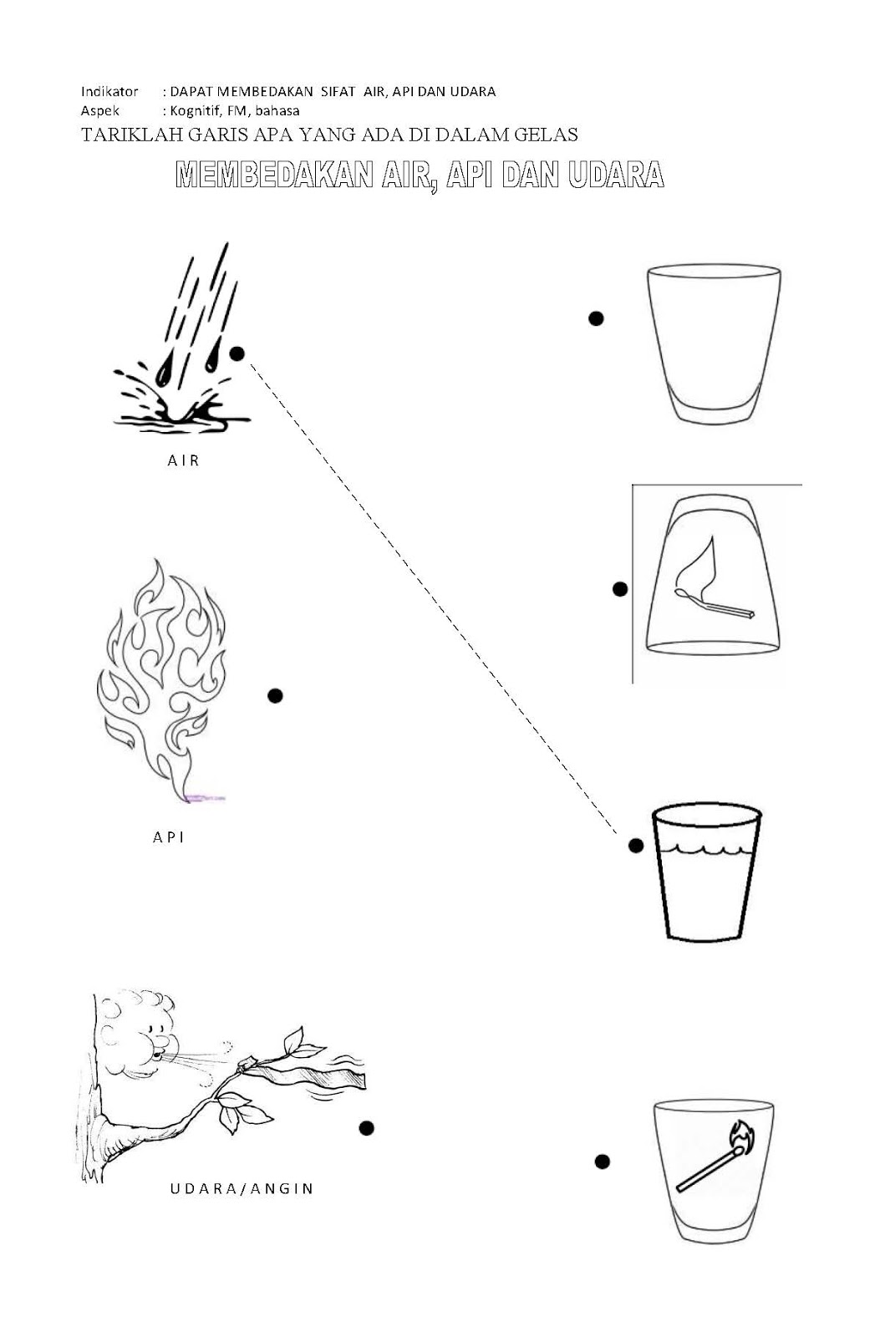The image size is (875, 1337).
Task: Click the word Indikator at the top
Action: [x=109, y=91]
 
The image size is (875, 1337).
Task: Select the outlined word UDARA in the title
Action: [x=616, y=175]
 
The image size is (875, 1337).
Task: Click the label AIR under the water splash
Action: [x=183, y=460]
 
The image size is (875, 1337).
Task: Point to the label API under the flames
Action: [x=169, y=836]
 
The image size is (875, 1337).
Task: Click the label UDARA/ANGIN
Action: [x=242, y=1188]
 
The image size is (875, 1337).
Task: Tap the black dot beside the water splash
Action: [x=237, y=354]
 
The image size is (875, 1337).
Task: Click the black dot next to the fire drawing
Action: [x=275, y=695]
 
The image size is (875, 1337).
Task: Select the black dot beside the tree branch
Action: [x=367, y=1127]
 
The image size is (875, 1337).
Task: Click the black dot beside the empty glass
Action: [x=596, y=318]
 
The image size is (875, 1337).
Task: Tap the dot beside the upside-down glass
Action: [x=620, y=589]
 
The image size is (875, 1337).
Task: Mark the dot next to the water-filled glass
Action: [x=636, y=845]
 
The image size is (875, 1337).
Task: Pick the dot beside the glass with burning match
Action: [x=603, y=1161]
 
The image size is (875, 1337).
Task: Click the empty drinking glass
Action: [x=714, y=344]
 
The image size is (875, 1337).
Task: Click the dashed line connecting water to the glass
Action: [x=434, y=597]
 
